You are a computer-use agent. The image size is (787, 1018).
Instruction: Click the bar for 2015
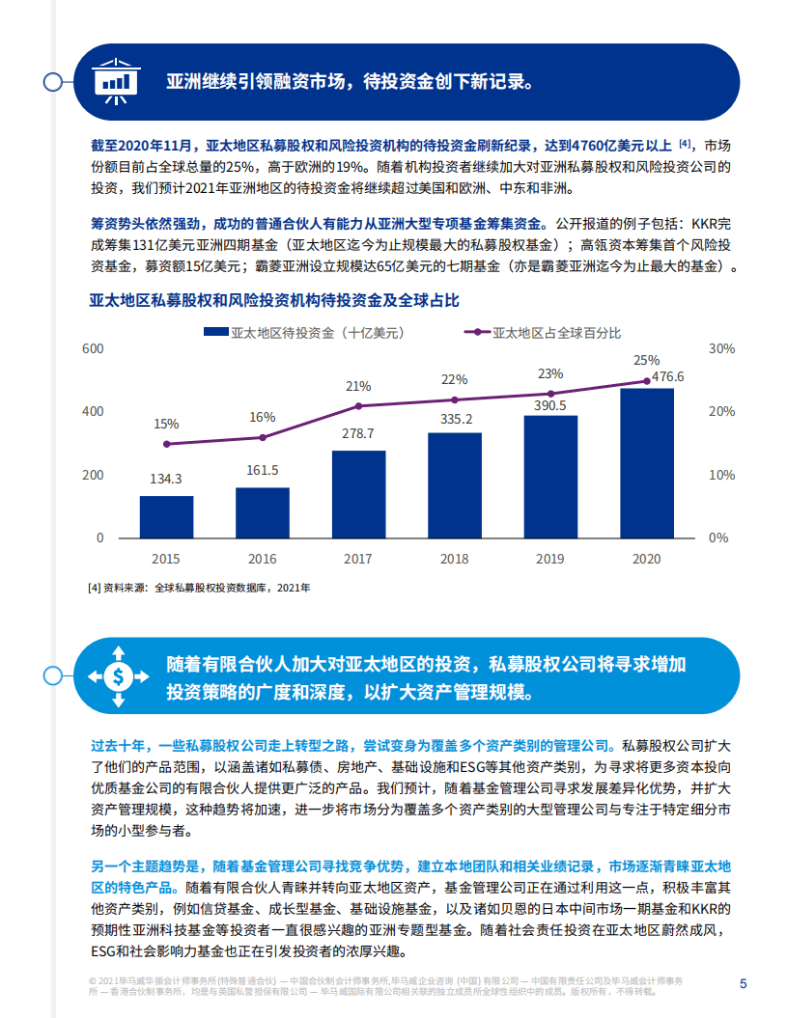[166, 516]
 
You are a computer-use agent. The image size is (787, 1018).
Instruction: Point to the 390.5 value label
[549, 406]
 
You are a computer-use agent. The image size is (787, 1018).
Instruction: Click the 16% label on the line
[262, 417]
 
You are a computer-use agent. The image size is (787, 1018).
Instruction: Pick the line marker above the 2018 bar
[454, 399]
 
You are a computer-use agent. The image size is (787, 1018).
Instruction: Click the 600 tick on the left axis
[93, 348]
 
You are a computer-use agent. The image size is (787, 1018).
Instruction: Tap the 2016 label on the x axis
[262, 559]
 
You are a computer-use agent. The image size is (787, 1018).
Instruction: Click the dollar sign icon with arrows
[116, 675]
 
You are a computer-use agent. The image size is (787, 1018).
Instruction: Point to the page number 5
[742, 984]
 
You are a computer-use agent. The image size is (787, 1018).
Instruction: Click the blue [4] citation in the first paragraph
[685, 144]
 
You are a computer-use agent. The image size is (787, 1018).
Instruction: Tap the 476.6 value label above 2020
[667, 376]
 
